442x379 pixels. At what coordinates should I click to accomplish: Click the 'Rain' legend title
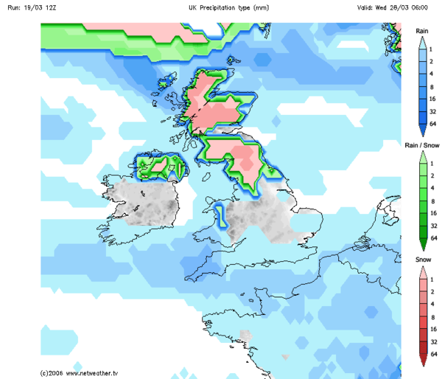(x=422, y=30)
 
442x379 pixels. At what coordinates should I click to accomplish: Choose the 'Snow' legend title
(x=422, y=260)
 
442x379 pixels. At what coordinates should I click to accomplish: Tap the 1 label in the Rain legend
(x=431, y=49)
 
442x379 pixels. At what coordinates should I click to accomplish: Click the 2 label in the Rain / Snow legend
(x=431, y=175)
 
